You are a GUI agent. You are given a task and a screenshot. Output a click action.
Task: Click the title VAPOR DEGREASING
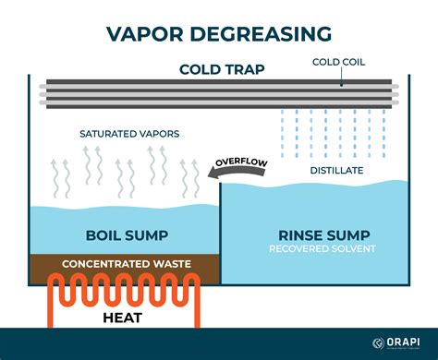(219, 35)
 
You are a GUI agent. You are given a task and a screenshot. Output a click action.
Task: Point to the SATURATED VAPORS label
(129, 134)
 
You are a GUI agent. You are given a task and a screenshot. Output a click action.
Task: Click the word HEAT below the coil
(126, 319)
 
